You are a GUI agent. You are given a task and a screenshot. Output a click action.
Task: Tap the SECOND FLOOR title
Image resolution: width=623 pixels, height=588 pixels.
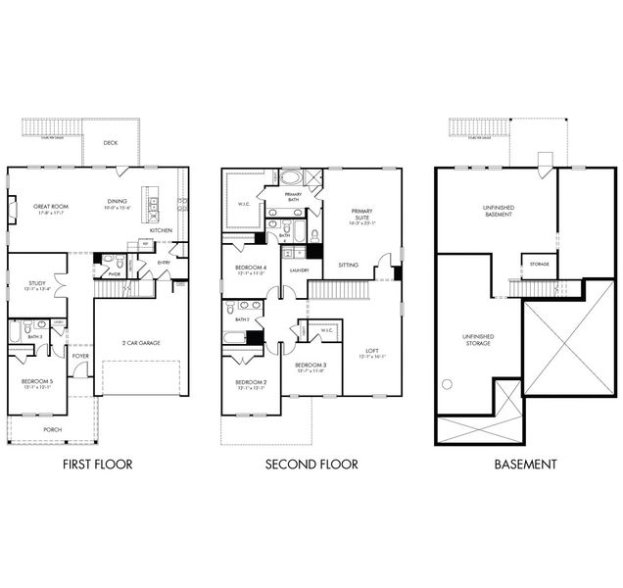point(311,464)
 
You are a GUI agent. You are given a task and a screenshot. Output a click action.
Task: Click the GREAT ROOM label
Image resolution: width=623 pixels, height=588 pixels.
point(49,206)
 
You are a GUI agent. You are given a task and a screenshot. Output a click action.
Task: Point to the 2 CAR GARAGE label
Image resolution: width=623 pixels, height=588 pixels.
point(143,342)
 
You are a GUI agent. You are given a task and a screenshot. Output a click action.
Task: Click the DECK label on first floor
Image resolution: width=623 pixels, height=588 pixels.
point(111,142)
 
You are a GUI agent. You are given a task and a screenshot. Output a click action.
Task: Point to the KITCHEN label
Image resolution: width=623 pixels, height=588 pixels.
point(161,230)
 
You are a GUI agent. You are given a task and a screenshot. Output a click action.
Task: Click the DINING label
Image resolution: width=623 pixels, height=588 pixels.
point(118,202)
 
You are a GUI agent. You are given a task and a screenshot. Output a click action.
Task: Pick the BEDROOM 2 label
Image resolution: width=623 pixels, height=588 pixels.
point(250,382)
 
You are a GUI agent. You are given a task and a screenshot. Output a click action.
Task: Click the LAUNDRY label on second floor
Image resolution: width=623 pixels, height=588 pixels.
point(295,269)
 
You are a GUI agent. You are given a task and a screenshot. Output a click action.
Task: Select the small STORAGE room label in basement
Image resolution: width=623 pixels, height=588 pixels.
point(539,264)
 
